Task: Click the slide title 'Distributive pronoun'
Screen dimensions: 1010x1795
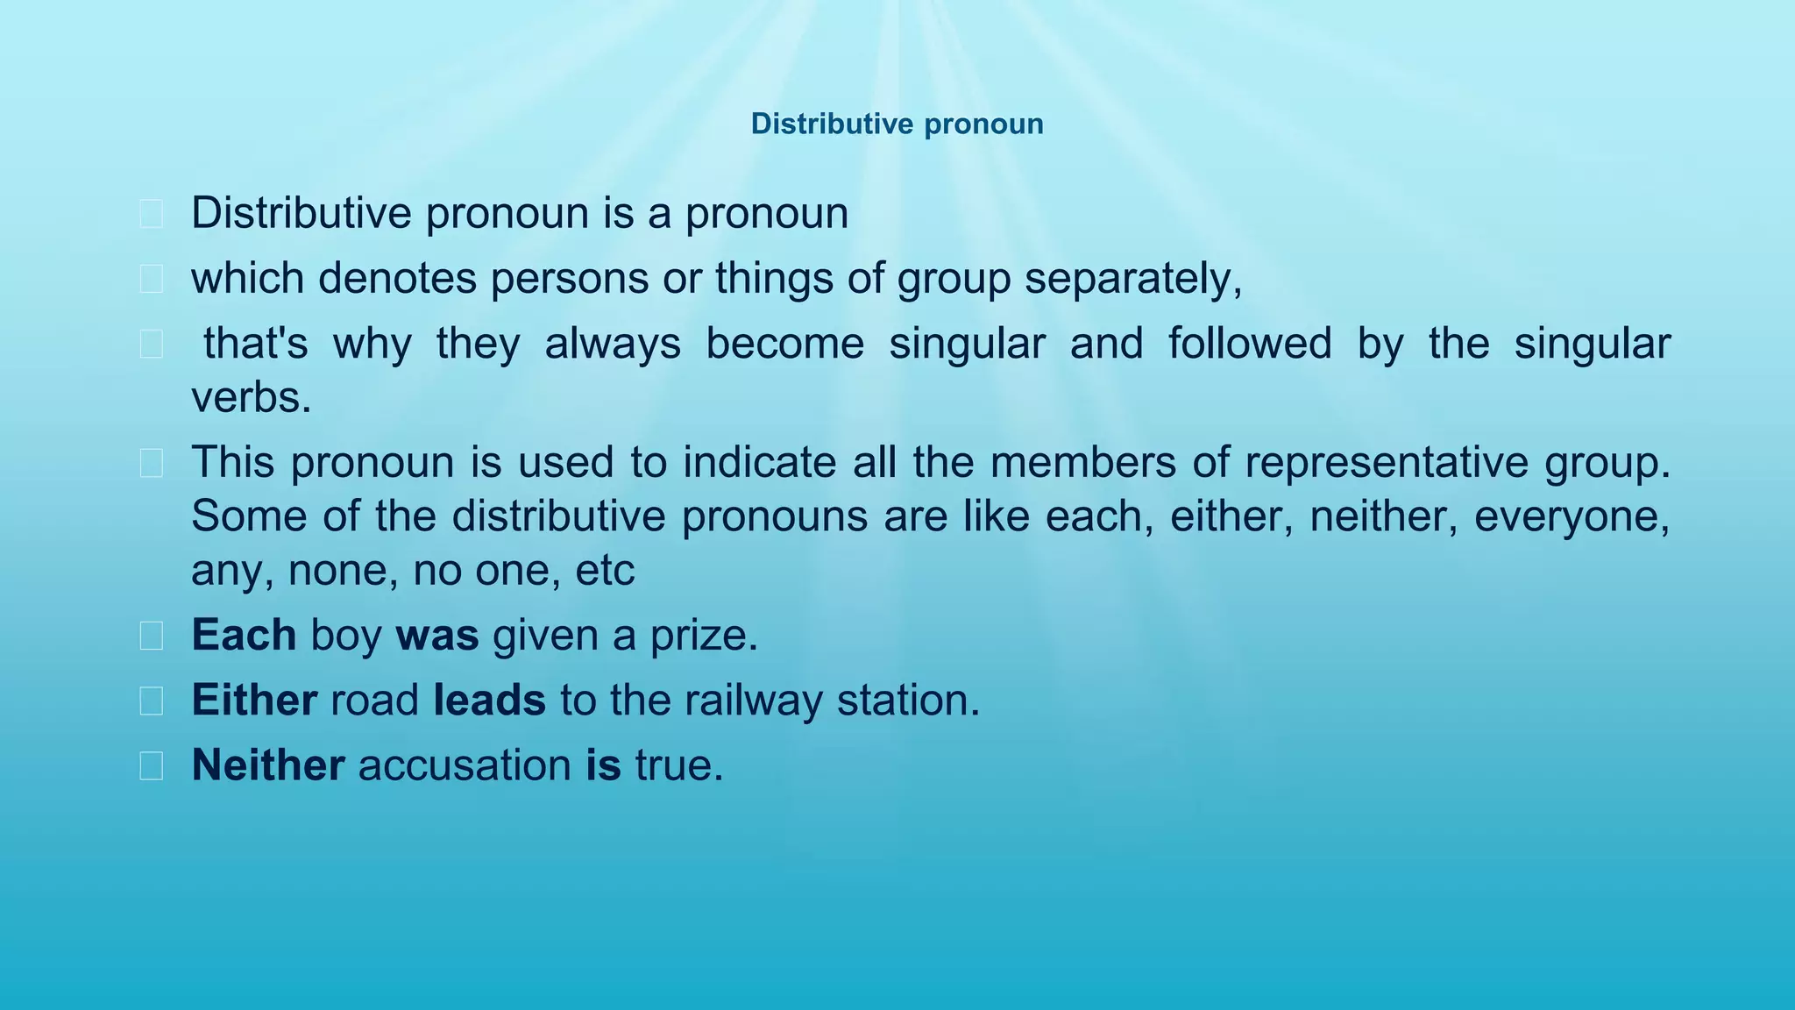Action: click(897, 124)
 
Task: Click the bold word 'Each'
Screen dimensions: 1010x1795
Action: click(244, 635)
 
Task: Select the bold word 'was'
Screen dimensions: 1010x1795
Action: click(437, 635)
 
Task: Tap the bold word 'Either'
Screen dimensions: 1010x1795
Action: click(254, 700)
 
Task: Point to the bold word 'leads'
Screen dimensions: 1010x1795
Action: click(489, 700)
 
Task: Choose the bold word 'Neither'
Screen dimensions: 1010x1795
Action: click(267, 765)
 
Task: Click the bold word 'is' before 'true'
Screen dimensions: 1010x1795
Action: click(603, 765)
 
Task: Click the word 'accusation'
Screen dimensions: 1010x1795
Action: click(465, 765)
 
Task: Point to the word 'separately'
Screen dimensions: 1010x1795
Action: click(1132, 279)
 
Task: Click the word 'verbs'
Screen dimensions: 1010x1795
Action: click(250, 398)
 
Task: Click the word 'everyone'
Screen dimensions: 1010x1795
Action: click(1570, 516)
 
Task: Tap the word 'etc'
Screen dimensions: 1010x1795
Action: click(604, 571)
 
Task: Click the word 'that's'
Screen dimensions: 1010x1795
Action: click(255, 344)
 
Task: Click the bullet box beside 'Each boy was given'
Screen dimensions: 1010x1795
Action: click(151, 636)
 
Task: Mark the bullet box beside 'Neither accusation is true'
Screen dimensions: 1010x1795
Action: click(151, 765)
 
